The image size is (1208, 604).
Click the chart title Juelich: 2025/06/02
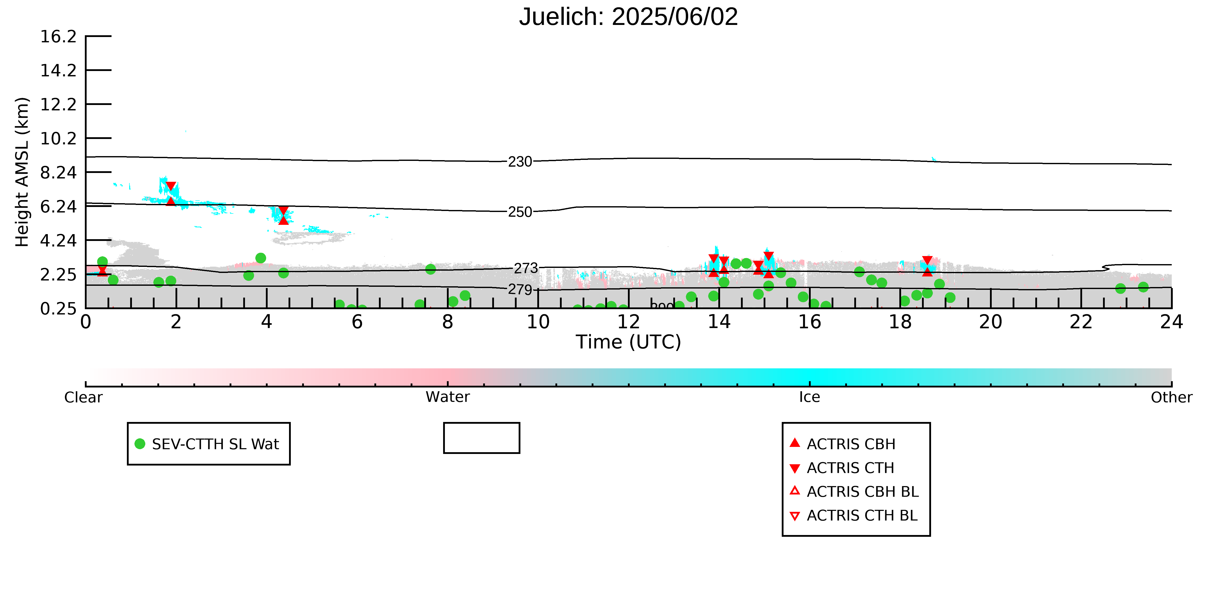628,17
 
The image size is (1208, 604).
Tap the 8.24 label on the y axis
58,172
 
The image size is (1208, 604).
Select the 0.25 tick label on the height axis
58,309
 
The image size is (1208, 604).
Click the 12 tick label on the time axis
628,322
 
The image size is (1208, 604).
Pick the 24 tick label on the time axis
1171,322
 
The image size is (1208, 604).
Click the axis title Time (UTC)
628,342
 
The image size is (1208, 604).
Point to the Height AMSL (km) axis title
22,172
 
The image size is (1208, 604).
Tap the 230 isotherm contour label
520,162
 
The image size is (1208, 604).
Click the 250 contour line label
520,212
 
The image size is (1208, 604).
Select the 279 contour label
520,290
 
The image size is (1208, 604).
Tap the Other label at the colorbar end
1171,398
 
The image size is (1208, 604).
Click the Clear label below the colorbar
84,398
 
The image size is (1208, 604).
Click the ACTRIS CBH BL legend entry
854,492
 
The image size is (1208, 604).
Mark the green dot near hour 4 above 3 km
261,258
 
